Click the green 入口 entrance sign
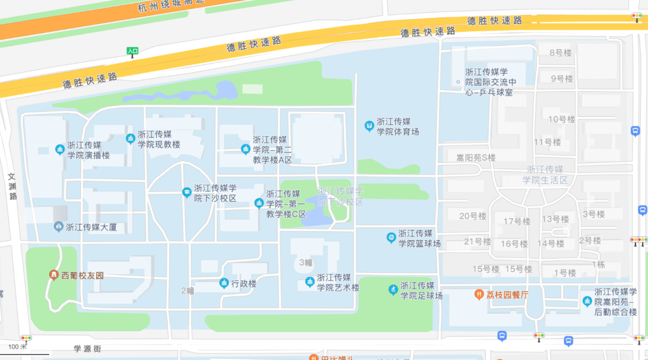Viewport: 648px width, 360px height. (133, 51)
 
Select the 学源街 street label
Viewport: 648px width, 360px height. (88, 348)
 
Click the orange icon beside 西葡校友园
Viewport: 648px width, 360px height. (54, 275)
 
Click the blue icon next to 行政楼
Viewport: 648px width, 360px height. (224, 283)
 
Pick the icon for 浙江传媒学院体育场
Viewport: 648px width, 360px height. (370, 126)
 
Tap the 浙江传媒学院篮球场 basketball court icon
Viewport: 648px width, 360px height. (391, 238)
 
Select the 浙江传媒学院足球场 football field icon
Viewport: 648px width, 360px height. (393, 290)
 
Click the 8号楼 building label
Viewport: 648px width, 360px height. (561, 53)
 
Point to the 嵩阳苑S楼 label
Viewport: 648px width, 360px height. (476, 158)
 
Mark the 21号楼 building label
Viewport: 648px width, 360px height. (478, 242)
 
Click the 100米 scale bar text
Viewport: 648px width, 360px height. (18, 347)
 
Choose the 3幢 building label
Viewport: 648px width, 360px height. (305, 262)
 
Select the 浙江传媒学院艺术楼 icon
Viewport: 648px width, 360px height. (310, 281)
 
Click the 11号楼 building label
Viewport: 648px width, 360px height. (547, 142)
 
